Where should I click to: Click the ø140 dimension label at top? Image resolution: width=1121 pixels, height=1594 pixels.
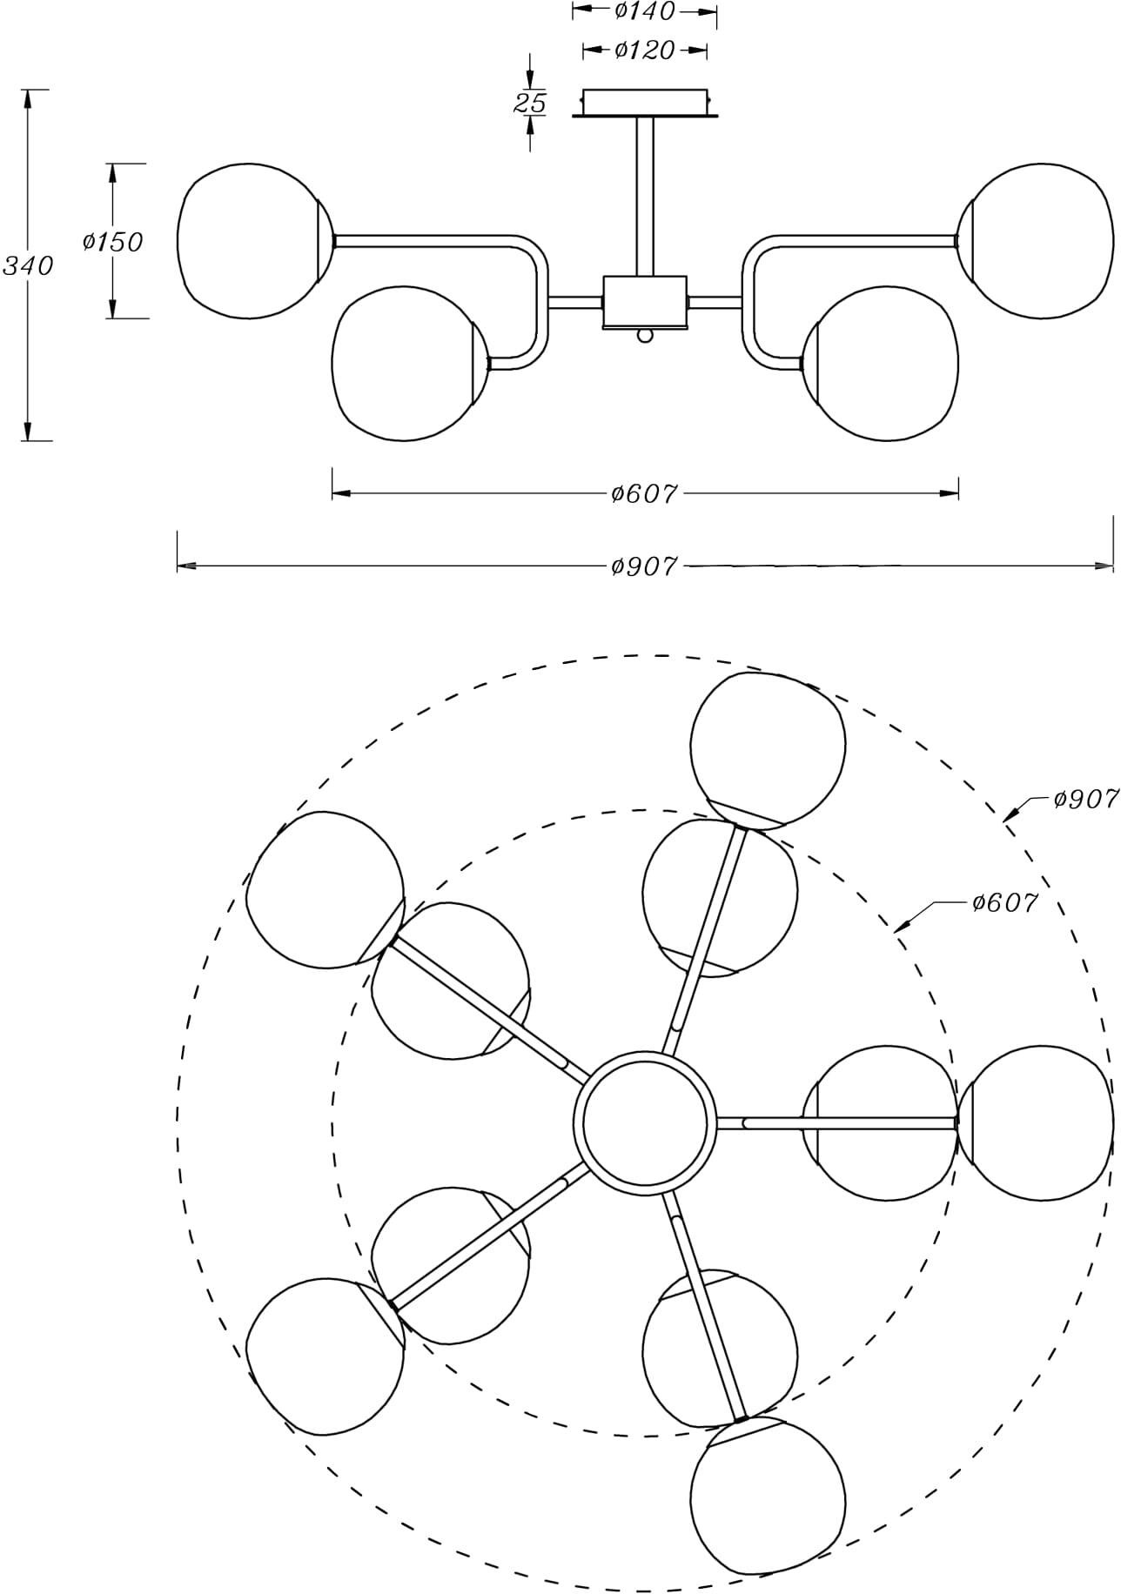[644, 11]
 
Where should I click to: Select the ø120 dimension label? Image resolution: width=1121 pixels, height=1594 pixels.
[644, 50]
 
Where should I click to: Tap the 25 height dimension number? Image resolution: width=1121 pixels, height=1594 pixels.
[529, 104]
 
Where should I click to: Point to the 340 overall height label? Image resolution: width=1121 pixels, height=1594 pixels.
[28, 265]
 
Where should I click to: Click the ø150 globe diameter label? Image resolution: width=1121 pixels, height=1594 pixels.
[112, 241]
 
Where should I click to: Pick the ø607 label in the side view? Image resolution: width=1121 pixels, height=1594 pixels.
[644, 493]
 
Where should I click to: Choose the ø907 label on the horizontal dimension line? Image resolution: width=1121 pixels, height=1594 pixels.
[644, 566]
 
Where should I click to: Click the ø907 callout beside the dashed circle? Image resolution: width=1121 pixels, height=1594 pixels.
[1084, 799]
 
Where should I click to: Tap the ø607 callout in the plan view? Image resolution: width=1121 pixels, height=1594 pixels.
[1005, 903]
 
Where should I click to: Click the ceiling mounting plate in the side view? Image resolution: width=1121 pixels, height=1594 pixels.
[645, 103]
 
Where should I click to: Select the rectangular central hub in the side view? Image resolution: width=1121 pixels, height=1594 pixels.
[645, 303]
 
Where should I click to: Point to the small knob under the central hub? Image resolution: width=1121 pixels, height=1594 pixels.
[645, 335]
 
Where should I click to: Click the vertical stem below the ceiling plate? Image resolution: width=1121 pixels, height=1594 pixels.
[645, 196]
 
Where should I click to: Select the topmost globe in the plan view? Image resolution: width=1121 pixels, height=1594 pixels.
[767, 748]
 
